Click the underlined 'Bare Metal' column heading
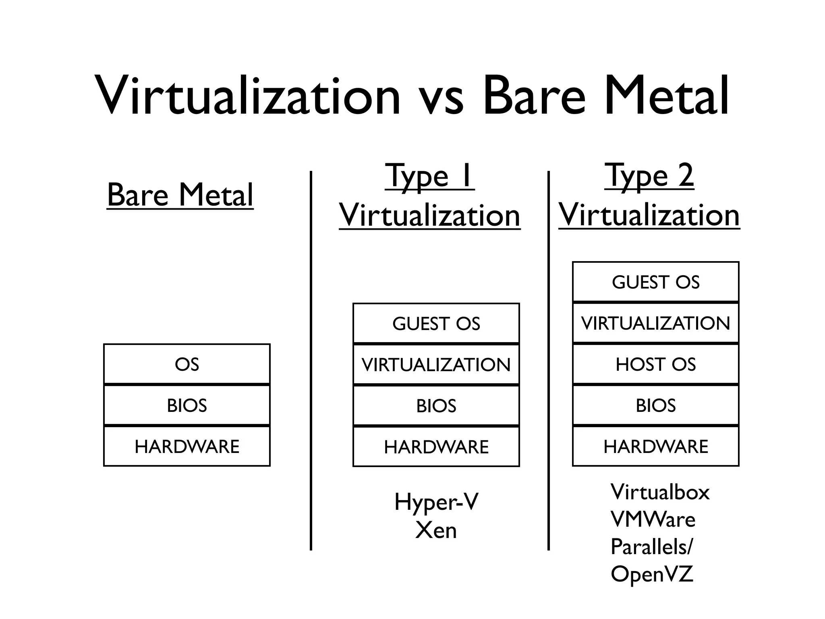point(180,195)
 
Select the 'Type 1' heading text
point(429,176)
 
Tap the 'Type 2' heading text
point(649,176)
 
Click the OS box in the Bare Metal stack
point(187,364)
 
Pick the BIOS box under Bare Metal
point(187,405)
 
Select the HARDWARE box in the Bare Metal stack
point(187,447)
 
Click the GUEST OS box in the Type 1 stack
point(436,324)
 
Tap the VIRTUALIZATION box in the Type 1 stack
point(436,365)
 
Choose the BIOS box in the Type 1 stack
point(436,406)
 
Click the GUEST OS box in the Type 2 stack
point(656,282)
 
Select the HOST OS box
point(656,364)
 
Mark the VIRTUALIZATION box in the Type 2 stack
point(656,323)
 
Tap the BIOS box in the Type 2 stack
point(656,405)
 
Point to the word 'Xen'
point(436,530)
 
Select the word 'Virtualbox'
point(660,492)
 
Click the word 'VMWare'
point(653,519)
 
